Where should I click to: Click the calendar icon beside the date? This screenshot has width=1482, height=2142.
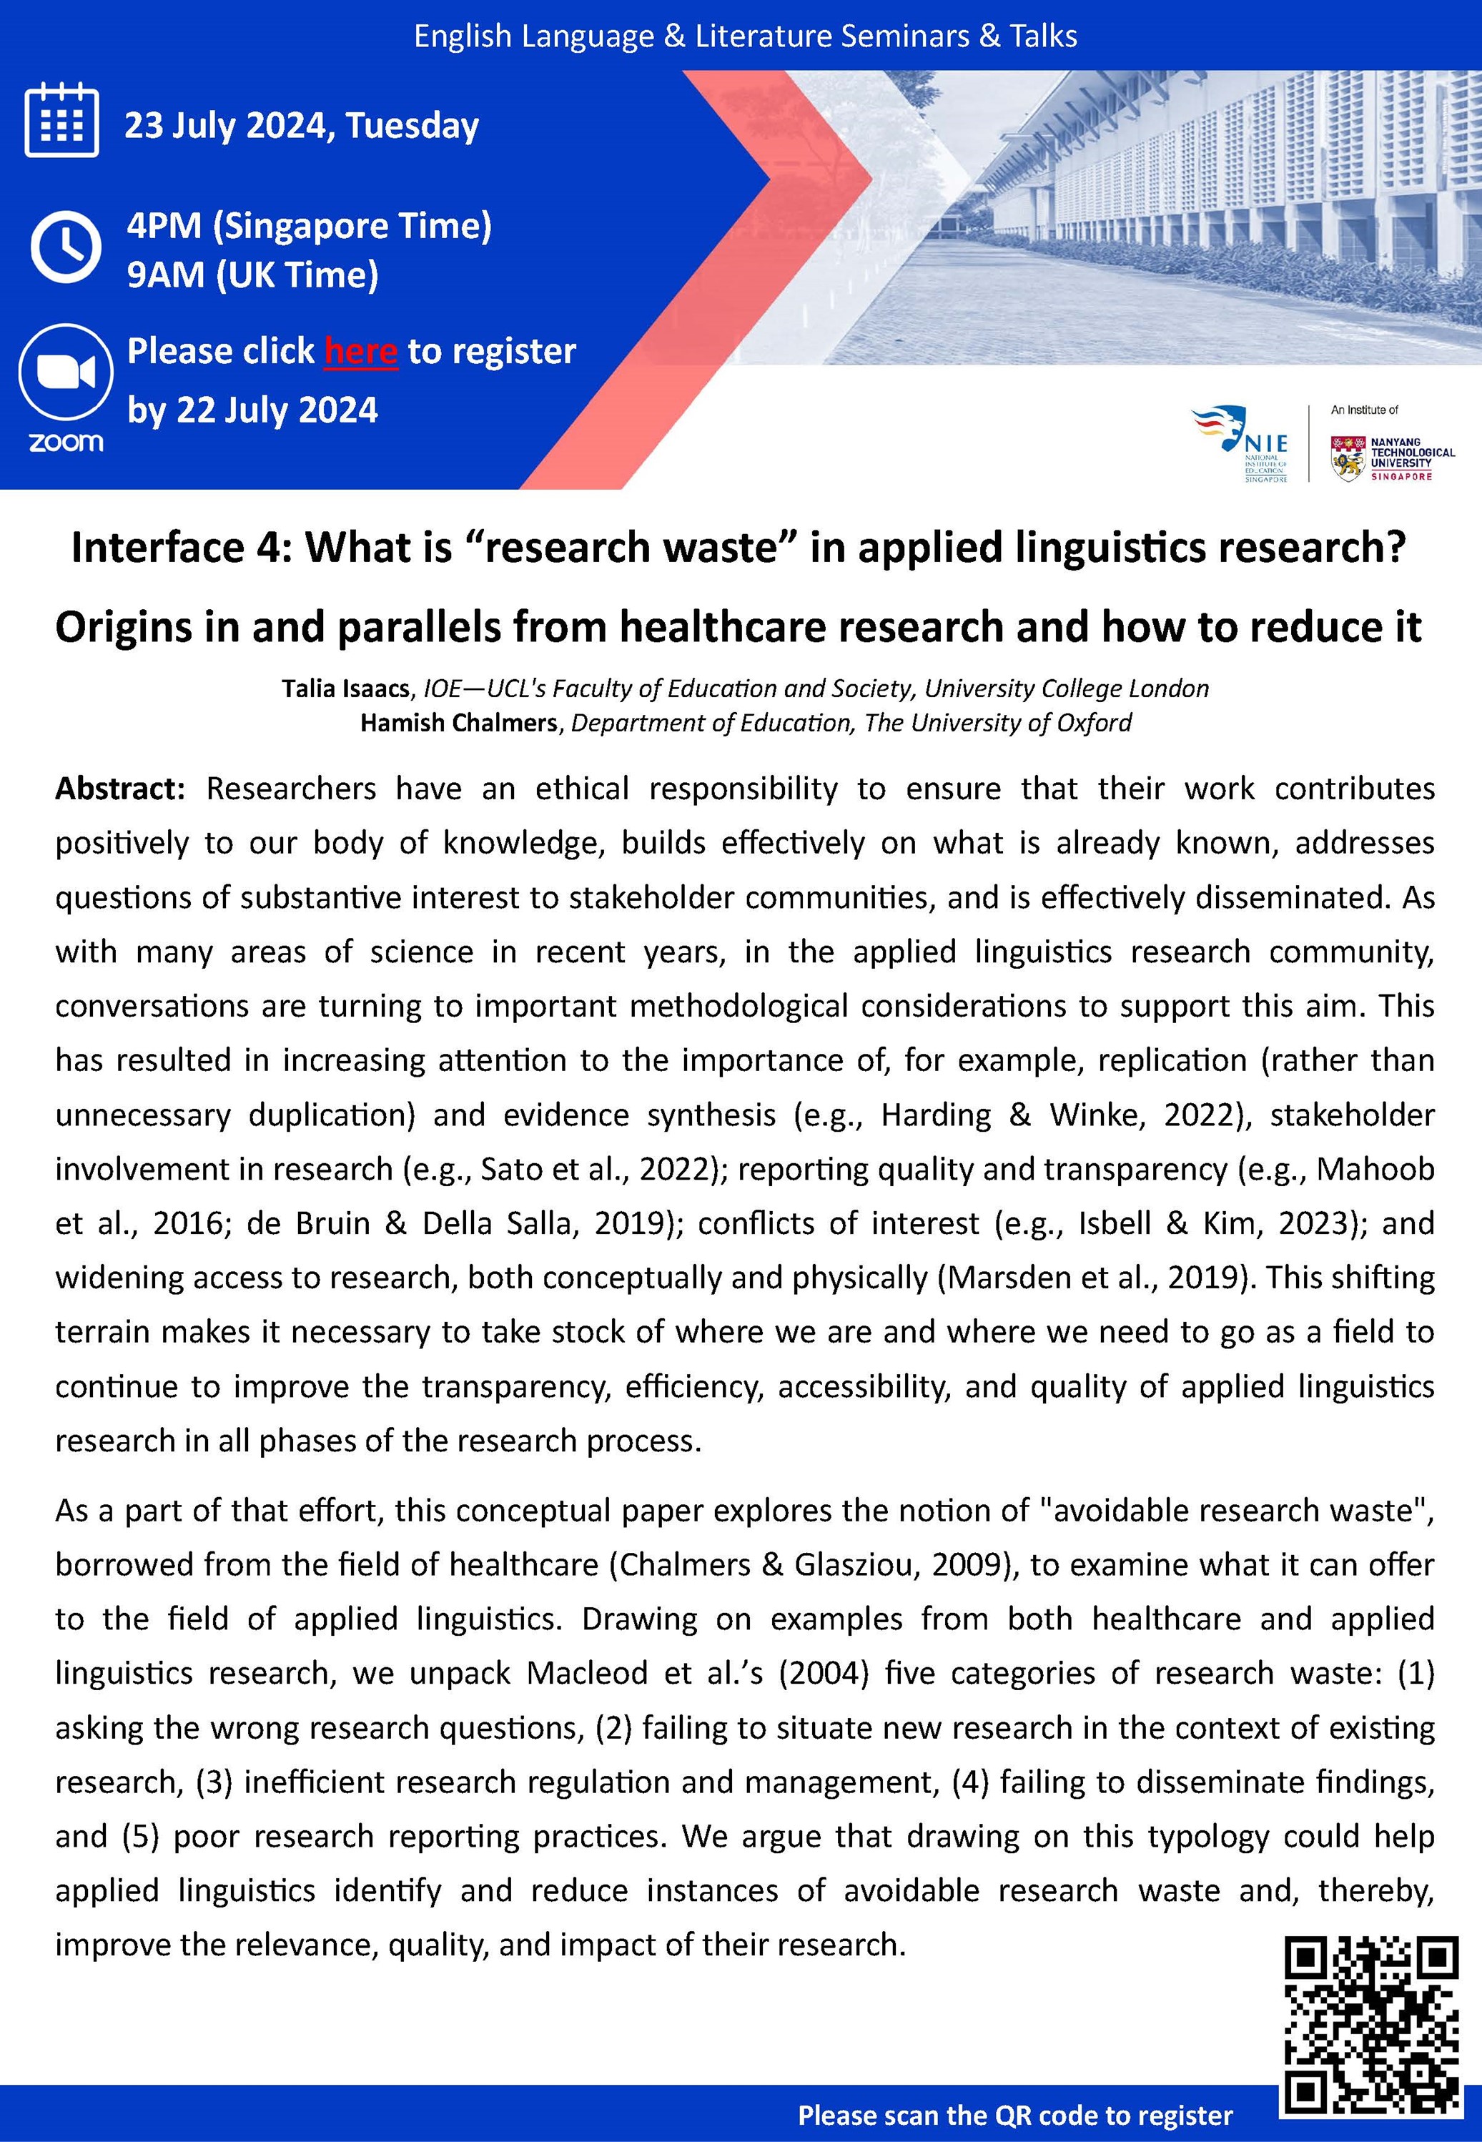[x=61, y=121]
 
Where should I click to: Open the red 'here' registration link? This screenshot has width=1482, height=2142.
[x=360, y=352]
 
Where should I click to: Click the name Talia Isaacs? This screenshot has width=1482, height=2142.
[x=345, y=689]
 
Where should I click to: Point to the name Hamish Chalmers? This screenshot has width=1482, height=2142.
[x=458, y=724]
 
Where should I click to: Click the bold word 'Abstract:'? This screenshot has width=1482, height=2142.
[x=120, y=789]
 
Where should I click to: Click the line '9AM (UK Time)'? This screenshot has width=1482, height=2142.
[x=252, y=275]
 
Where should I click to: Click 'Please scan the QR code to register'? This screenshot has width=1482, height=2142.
[x=1015, y=2115]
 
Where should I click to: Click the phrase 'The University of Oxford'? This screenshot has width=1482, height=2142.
[x=997, y=724]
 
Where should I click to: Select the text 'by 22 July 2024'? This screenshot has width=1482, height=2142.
[x=252, y=410]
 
